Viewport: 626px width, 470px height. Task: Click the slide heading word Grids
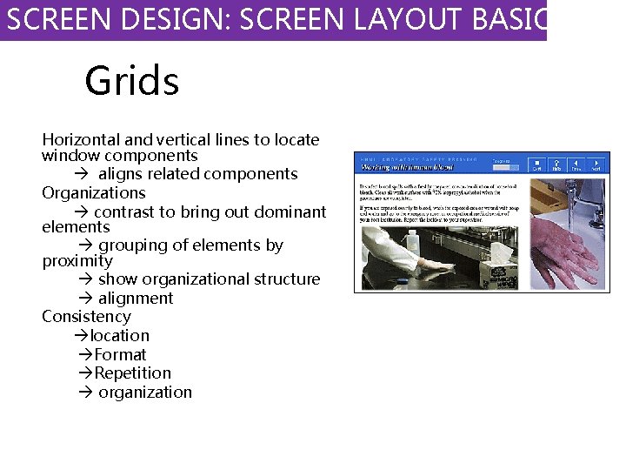click(x=131, y=82)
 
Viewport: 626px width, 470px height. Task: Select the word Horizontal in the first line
click(x=83, y=139)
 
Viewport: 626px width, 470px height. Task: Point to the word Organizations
click(x=94, y=192)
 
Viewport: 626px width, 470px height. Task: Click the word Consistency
click(x=86, y=316)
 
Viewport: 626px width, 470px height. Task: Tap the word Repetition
click(x=133, y=373)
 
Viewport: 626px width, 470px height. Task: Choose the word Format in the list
click(x=120, y=354)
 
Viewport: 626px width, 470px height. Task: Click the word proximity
click(x=77, y=261)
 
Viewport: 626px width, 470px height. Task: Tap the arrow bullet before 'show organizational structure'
click(x=85, y=279)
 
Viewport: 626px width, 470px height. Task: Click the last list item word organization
click(x=145, y=392)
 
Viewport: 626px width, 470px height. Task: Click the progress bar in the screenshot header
click(x=505, y=167)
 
